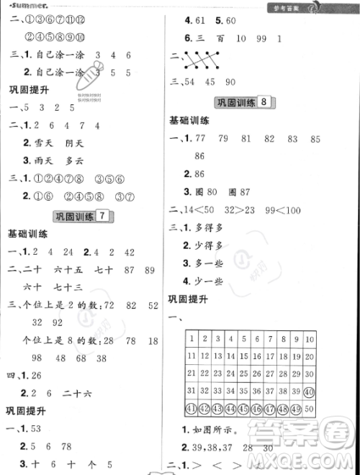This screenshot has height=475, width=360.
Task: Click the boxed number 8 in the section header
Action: (266, 102)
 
